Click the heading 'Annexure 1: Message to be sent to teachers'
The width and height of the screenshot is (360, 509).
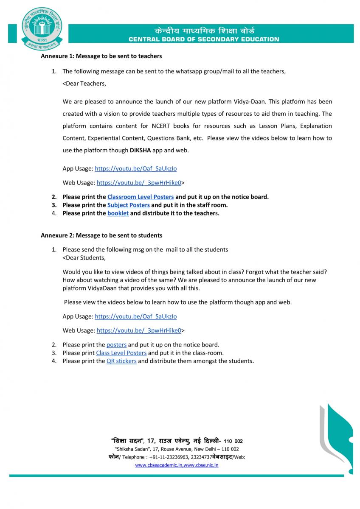click(101, 56)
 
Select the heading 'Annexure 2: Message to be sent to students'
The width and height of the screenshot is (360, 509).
click(101, 235)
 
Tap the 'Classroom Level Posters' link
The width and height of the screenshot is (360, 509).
click(141, 197)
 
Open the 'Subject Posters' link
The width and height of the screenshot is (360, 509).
click(129, 205)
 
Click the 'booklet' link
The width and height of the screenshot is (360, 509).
click(118, 213)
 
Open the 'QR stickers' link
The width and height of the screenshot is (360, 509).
click(121, 361)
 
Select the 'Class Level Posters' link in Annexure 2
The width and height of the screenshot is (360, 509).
click(121, 353)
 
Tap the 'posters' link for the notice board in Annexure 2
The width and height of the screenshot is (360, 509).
click(116, 345)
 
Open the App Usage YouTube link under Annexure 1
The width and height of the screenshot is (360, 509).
click(136, 168)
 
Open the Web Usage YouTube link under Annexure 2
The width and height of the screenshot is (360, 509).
click(139, 330)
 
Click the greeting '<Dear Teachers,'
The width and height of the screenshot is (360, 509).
click(84, 84)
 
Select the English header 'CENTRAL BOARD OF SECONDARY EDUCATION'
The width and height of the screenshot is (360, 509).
click(204, 39)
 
